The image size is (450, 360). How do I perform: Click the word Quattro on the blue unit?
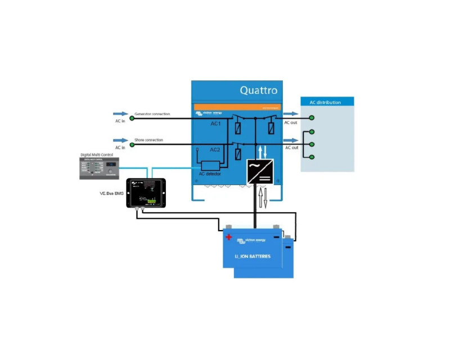[258, 90]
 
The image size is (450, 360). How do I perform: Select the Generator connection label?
[152, 114]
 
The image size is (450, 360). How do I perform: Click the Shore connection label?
[148, 139]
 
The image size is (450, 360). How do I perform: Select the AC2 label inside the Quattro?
[215, 150]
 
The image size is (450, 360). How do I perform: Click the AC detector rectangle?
[210, 165]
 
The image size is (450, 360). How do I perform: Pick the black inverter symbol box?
[260, 172]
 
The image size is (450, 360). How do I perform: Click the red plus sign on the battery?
[229, 237]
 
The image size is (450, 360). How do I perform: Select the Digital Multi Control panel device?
[100, 168]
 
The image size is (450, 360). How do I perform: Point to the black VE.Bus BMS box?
[146, 192]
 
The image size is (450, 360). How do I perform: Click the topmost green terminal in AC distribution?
[312, 119]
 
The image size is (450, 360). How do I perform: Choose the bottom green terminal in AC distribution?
[312, 157]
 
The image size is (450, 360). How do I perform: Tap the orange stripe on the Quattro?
[236, 106]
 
